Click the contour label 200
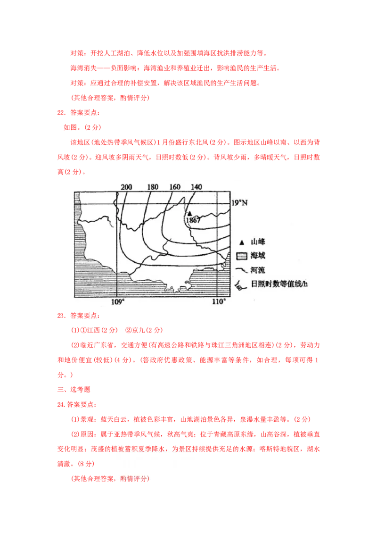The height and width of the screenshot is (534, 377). pyautogui.click(x=126, y=187)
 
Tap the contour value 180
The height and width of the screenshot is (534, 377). pyautogui.click(x=153, y=187)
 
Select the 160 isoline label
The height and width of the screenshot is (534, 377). pyautogui.click(x=175, y=187)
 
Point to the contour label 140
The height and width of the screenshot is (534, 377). pyautogui.click(x=196, y=187)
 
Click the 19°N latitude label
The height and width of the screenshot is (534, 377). pyautogui.click(x=239, y=203)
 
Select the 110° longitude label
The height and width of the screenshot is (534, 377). pyautogui.click(x=218, y=301)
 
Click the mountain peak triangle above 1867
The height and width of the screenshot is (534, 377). pyautogui.click(x=189, y=213)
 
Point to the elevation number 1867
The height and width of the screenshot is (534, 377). pyautogui.click(x=193, y=220)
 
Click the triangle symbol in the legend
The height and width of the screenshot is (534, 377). pyautogui.click(x=242, y=242)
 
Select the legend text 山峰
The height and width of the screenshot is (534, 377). pyautogui.click(x=258, y=242)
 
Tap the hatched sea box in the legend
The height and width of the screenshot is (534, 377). pyautogui.click(x=242, y=256)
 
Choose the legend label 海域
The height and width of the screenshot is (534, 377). pyautogui.click(x=258, y=256)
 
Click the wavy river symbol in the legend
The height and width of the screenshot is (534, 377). pyautogui.click(x=242, y=270)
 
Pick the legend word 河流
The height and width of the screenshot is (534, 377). pyautogui.click(x=258, y=270)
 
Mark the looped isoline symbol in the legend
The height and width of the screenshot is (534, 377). pyautogui.click(x=239, y=284)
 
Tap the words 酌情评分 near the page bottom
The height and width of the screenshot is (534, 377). pyautogui.click(x=134, y=478)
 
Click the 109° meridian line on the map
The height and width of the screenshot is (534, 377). pyautogui.click(x=116, y=245)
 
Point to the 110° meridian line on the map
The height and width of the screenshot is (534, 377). pyautogui.click(x=216, y=245)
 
